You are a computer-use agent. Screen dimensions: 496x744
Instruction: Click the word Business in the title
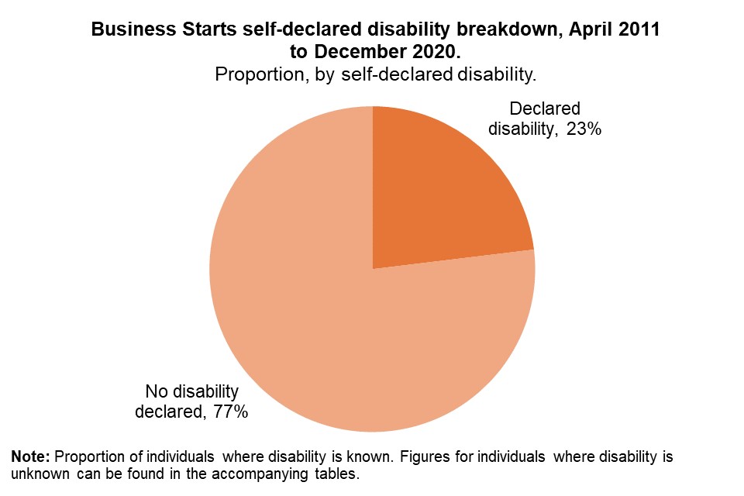[127, 31]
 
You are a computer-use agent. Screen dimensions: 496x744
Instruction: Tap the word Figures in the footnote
[422, 456]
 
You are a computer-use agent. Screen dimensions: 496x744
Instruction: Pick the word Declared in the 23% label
[545, 109]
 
